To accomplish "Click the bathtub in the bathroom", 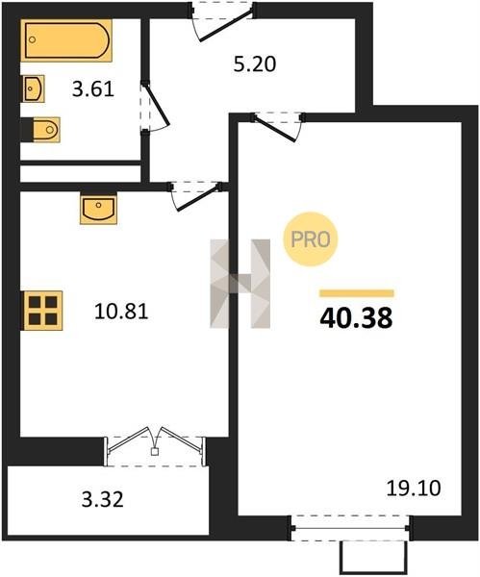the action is [66, 40].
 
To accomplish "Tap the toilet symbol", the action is [46, 130].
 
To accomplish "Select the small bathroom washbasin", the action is [34, 88].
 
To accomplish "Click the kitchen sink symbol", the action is [98, 209].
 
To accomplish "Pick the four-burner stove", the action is [43, 311].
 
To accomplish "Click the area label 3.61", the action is [93, 89].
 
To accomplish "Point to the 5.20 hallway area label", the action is [255, 63].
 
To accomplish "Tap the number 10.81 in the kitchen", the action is [121, 311].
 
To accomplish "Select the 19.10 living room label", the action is [414, 489].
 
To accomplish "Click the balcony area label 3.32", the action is [102, 500].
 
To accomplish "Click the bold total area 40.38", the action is [356, 318].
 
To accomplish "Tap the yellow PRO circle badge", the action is [311, 239].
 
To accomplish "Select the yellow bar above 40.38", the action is [357, 293].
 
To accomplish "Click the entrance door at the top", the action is [223, 20].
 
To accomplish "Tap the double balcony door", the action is [155, 446].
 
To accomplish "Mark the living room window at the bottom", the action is [350, 528].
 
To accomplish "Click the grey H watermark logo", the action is [240, 284].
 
